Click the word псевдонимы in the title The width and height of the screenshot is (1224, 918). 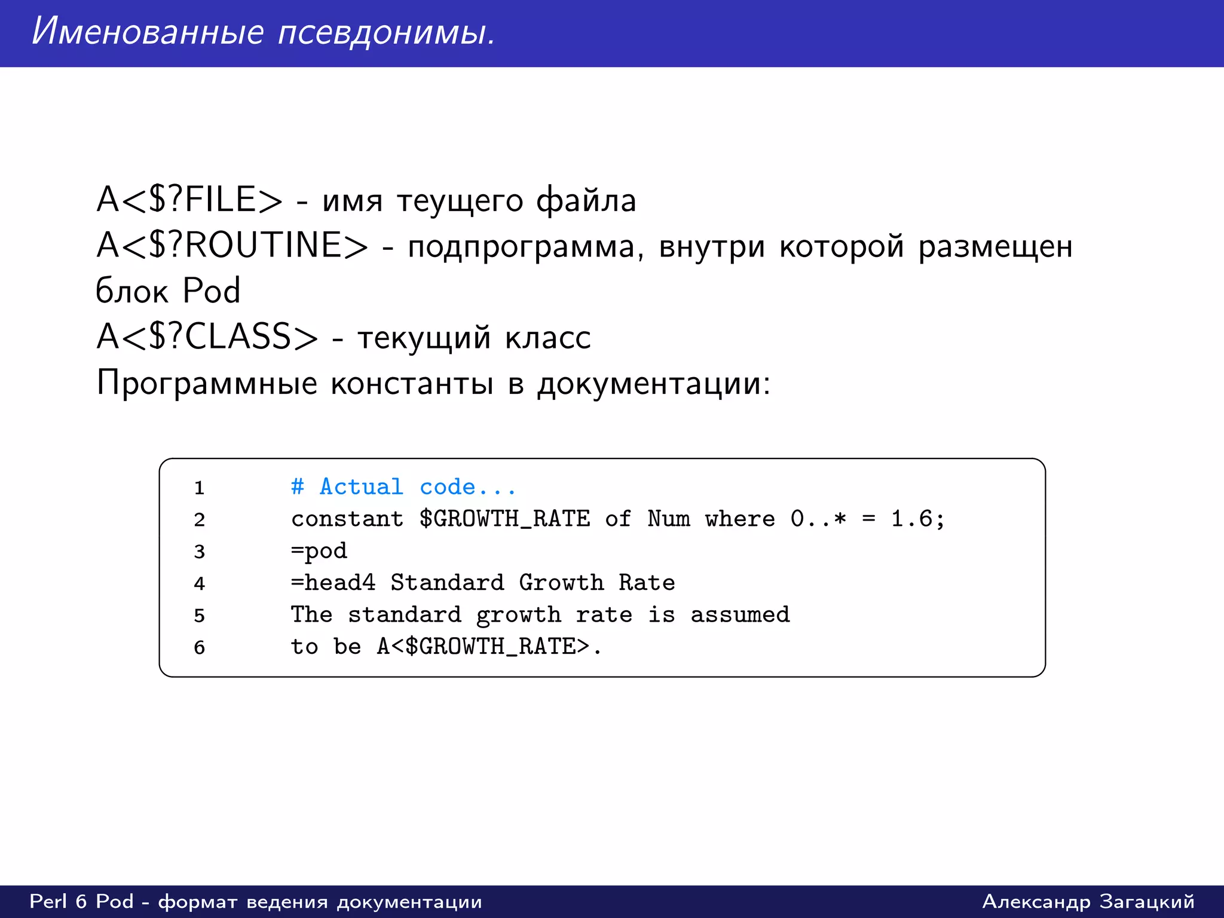coord(386,32)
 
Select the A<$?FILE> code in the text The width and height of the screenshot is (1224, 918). coord(189,200)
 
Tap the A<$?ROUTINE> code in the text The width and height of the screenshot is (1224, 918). coord(232,246)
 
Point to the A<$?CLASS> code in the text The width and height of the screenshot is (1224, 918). coord(207,336)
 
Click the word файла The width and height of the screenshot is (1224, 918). coord(585,200)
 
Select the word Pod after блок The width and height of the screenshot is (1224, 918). coord(212,291)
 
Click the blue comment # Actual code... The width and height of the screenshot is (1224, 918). coord(403,486)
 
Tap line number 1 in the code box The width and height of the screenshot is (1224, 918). coord(199,488)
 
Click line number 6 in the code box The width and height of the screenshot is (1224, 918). coord(199,647)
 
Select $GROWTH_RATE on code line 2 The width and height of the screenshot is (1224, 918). coord(504,519)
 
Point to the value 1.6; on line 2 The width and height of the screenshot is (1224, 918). coord(917,519)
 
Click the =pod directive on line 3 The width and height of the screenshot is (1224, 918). coord(319,550)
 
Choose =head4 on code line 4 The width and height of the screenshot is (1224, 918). coord(333,582)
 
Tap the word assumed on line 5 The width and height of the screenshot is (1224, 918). coord(740,614)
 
